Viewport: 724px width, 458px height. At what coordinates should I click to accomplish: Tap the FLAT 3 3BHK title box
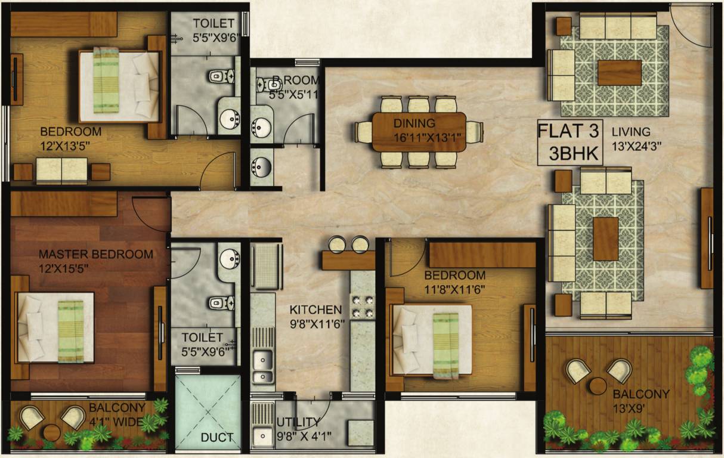click(x=570, y=143)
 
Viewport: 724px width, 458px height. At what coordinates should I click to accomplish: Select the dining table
click(x=419, y=131)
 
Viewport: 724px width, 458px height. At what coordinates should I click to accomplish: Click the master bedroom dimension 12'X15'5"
click(x=64, y=268)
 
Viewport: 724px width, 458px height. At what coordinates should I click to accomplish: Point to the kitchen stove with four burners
click(x=362, y=307)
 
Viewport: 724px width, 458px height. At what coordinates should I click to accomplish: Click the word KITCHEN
click(x=315, y=310)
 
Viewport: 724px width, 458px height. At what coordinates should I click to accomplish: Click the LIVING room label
click(x=630, y=132)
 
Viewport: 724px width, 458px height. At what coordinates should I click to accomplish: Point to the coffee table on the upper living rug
click(x=619, y=73)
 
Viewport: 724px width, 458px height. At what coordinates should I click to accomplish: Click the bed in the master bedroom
click(x=55, y=327)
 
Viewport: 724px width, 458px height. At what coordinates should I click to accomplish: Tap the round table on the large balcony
click(x=597, y=386)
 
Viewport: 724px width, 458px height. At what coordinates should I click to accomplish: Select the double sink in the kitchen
click(x=262, y=367)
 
